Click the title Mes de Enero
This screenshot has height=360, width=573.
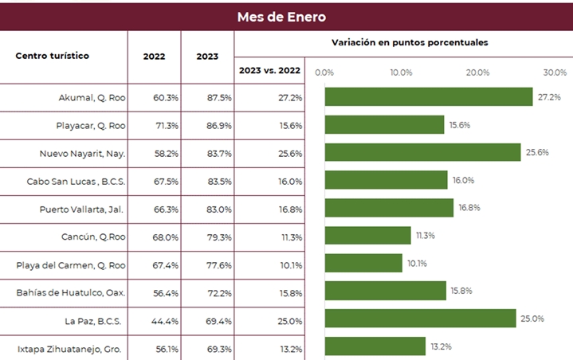281,17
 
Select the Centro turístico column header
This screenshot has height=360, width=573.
53,56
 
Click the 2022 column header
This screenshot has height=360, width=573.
155,57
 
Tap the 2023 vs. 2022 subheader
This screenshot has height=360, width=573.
269,70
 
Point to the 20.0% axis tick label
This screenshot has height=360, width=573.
478,72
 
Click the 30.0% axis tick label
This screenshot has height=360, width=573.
555,72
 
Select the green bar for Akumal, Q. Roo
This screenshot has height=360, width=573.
429,97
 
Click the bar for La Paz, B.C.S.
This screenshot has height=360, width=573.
420,319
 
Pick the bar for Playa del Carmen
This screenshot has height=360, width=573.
363,264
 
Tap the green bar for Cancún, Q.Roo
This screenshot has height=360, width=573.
368,236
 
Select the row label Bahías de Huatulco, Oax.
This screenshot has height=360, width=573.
71,292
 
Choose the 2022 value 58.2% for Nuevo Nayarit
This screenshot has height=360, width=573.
166,153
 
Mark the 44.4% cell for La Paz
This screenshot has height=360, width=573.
166,320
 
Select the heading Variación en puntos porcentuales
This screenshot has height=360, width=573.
410,42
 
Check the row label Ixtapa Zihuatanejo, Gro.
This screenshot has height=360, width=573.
70,348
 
